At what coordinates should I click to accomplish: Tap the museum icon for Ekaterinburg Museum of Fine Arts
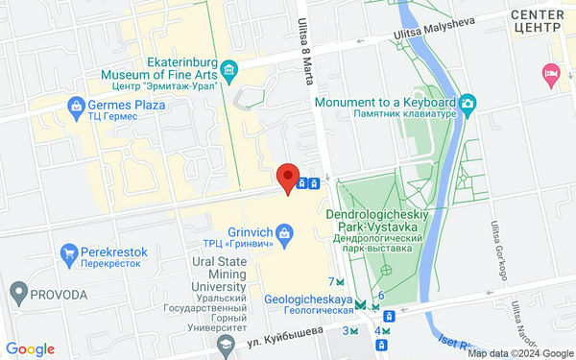tap(229, 69)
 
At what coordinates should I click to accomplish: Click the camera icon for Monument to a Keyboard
tap(467, 102)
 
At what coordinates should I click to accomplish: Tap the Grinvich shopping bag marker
tap(284, 231)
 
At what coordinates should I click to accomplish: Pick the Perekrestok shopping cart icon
tap(68, 254)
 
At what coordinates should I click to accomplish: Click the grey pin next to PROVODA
tap(17, 291)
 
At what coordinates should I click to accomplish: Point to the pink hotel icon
tap(550, 73)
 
